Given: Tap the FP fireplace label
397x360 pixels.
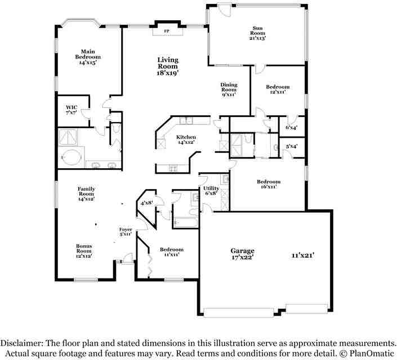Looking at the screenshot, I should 167,31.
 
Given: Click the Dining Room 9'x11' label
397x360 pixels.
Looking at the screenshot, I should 229,89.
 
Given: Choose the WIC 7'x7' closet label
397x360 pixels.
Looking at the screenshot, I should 71,109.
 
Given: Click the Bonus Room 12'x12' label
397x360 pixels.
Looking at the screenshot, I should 84,250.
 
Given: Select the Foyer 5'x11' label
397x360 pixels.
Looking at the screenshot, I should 126,231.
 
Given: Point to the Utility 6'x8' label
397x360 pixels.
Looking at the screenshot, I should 211,191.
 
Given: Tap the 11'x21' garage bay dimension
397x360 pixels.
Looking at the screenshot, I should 302,255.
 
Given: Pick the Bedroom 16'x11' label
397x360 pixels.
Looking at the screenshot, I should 269,184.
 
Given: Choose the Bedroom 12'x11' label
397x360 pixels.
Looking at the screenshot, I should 278,89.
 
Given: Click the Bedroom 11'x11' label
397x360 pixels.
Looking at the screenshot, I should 171,251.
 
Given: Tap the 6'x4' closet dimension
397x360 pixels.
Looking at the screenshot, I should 291,128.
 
